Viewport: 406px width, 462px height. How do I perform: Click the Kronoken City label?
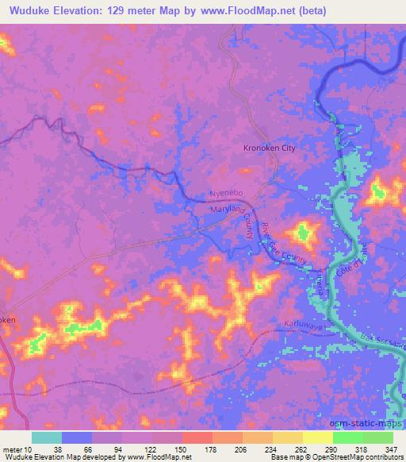(269, 148)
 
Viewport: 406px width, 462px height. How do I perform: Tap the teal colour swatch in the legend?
(47, 437)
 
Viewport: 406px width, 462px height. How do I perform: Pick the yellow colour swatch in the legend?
(318, 437)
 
